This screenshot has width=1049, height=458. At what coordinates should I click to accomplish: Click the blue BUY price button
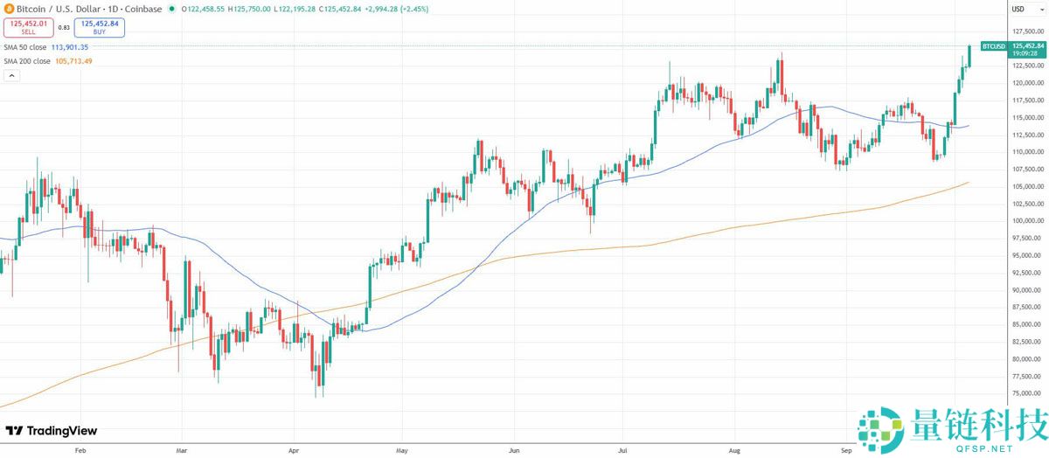[x=99, y=27]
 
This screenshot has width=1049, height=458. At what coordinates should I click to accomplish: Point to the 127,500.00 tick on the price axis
[x=1027, y=31]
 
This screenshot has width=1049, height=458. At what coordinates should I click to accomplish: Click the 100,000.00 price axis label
[x=1027, y=220]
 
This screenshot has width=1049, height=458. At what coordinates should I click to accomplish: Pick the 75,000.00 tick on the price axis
[x=1027, y=393]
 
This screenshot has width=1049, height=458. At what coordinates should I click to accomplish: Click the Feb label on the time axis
[x=80, y=451]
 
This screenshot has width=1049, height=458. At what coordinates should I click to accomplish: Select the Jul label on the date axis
[x=622, y=451]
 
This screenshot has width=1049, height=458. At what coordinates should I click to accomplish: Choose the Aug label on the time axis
[x=735, y=451]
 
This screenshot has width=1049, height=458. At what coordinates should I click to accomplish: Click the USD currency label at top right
[x=1018, y=9]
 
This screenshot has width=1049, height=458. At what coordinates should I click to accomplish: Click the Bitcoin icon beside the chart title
[x=7, y=9]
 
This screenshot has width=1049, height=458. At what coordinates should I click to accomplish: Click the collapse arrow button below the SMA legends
[x=11, y=76]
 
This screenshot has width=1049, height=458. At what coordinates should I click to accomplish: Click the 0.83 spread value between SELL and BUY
[x=64, y=27]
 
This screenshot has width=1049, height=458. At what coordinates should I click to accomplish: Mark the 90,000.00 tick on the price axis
[x=1027, y=289]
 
